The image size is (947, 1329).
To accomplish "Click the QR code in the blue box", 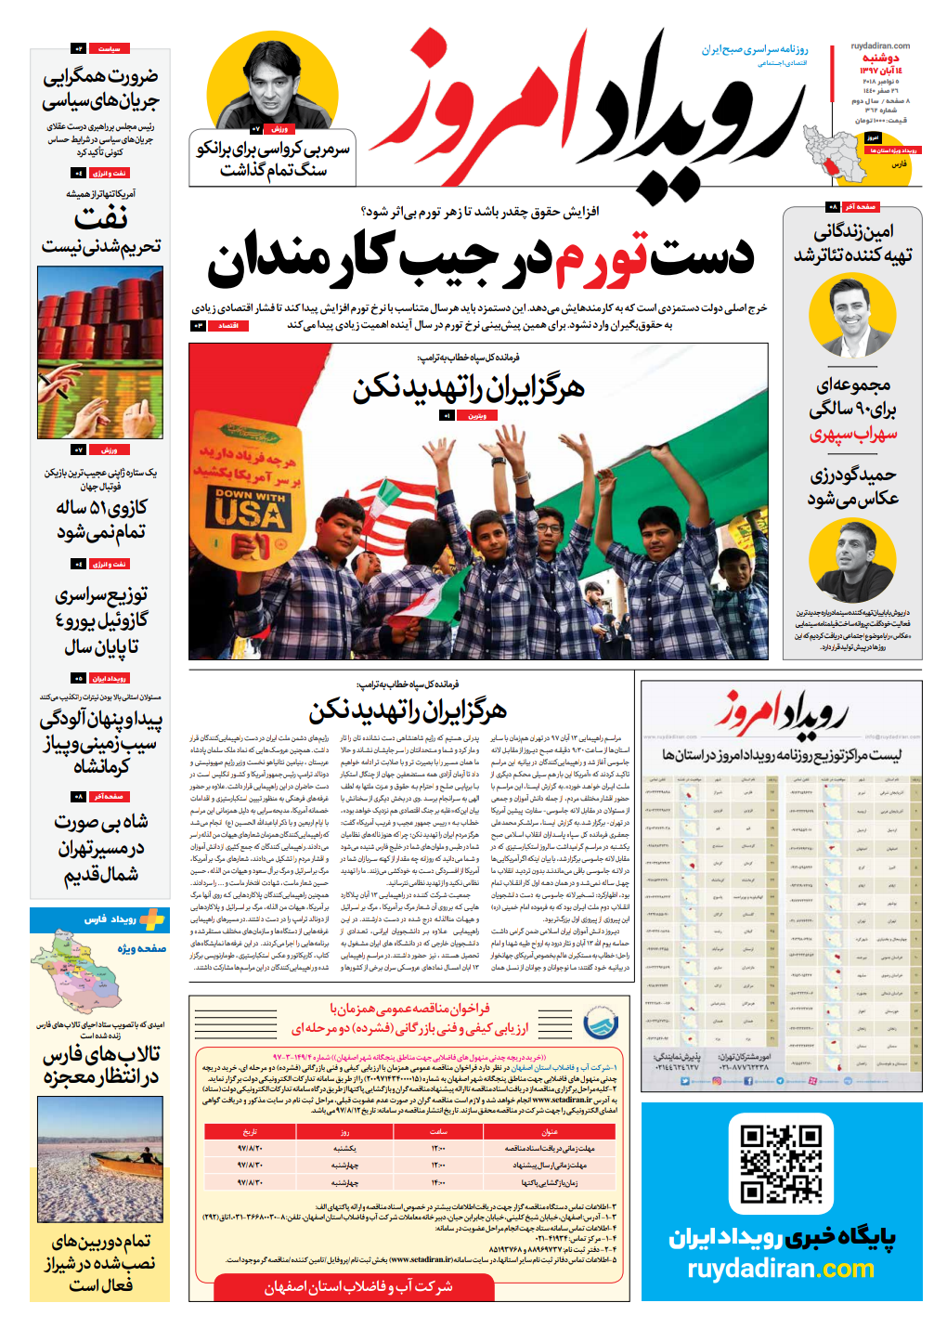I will click(781, 1164).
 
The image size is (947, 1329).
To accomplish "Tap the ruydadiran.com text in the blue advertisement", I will click(781, 1269).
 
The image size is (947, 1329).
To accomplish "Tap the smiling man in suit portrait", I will click(851, 316).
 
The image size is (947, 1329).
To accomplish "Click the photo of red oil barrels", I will click(100, 352).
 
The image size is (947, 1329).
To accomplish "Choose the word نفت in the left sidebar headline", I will click(100, 219).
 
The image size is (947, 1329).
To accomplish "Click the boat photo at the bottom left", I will click(100, 1159).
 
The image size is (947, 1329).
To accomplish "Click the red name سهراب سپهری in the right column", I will click(852, 435).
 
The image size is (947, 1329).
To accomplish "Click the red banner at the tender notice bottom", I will click(357, 1286).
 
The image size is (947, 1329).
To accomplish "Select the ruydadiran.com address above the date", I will click(879, 46).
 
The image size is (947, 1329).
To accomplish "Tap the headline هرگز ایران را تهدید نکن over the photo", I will click(468, 388).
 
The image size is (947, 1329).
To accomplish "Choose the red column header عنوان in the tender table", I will click(551, 1131).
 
